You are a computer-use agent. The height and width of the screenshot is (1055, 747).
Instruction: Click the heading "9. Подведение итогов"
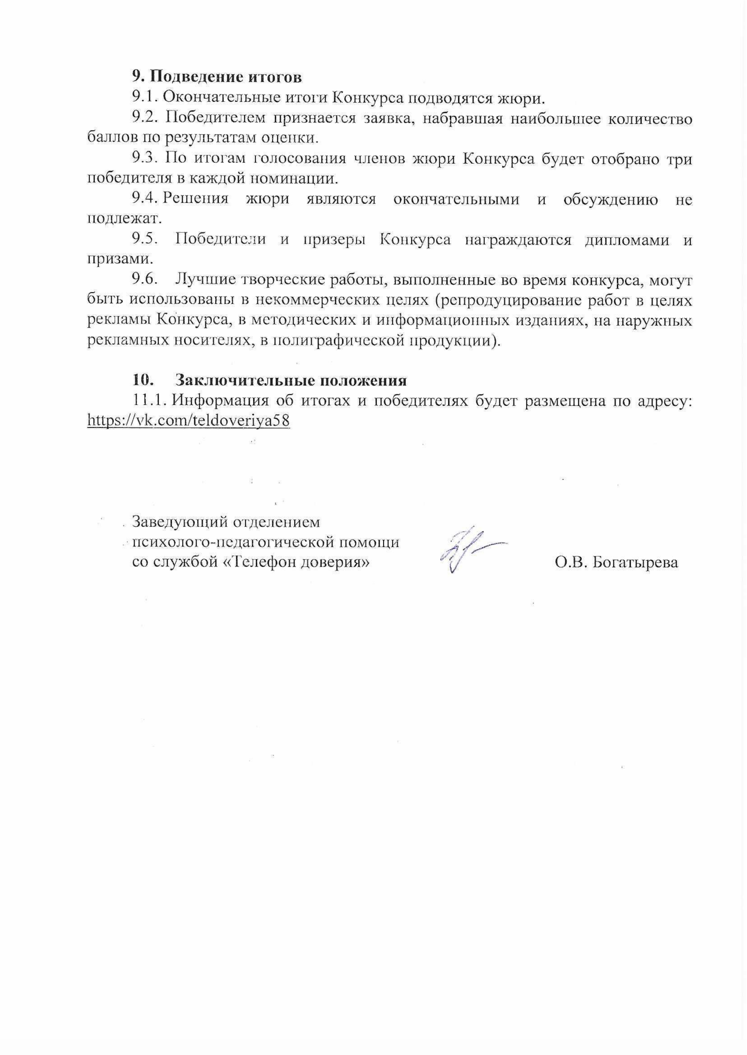[217, 76]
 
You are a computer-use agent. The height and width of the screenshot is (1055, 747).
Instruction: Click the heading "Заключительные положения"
[291, 381]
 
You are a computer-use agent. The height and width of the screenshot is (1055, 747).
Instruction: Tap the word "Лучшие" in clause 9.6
[204, 280]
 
